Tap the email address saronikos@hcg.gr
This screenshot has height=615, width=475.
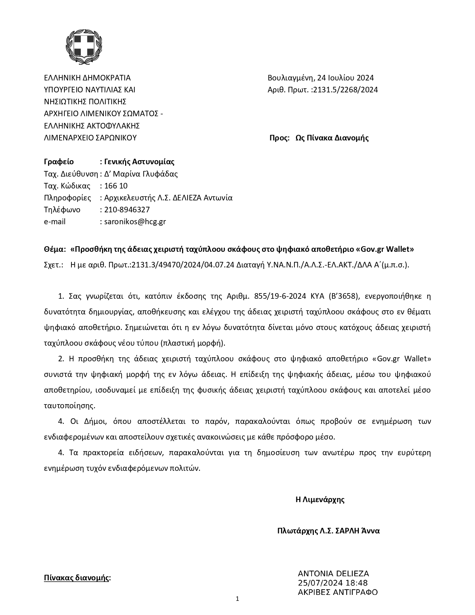(135, 222)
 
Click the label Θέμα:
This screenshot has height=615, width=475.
(55, 249)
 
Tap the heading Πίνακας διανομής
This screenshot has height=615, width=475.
(77, 578)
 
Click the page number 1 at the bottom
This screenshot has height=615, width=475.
(237, 599)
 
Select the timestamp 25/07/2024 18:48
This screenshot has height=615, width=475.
(333, 583)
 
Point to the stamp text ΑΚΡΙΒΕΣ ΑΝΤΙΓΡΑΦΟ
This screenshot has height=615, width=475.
(338, 592)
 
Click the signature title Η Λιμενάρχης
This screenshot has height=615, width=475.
(320, 500)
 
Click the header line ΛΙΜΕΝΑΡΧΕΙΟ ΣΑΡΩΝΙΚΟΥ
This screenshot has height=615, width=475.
(90, 138)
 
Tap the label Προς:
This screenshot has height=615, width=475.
(279, 138)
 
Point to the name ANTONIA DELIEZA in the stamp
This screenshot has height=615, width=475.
(333, 574)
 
